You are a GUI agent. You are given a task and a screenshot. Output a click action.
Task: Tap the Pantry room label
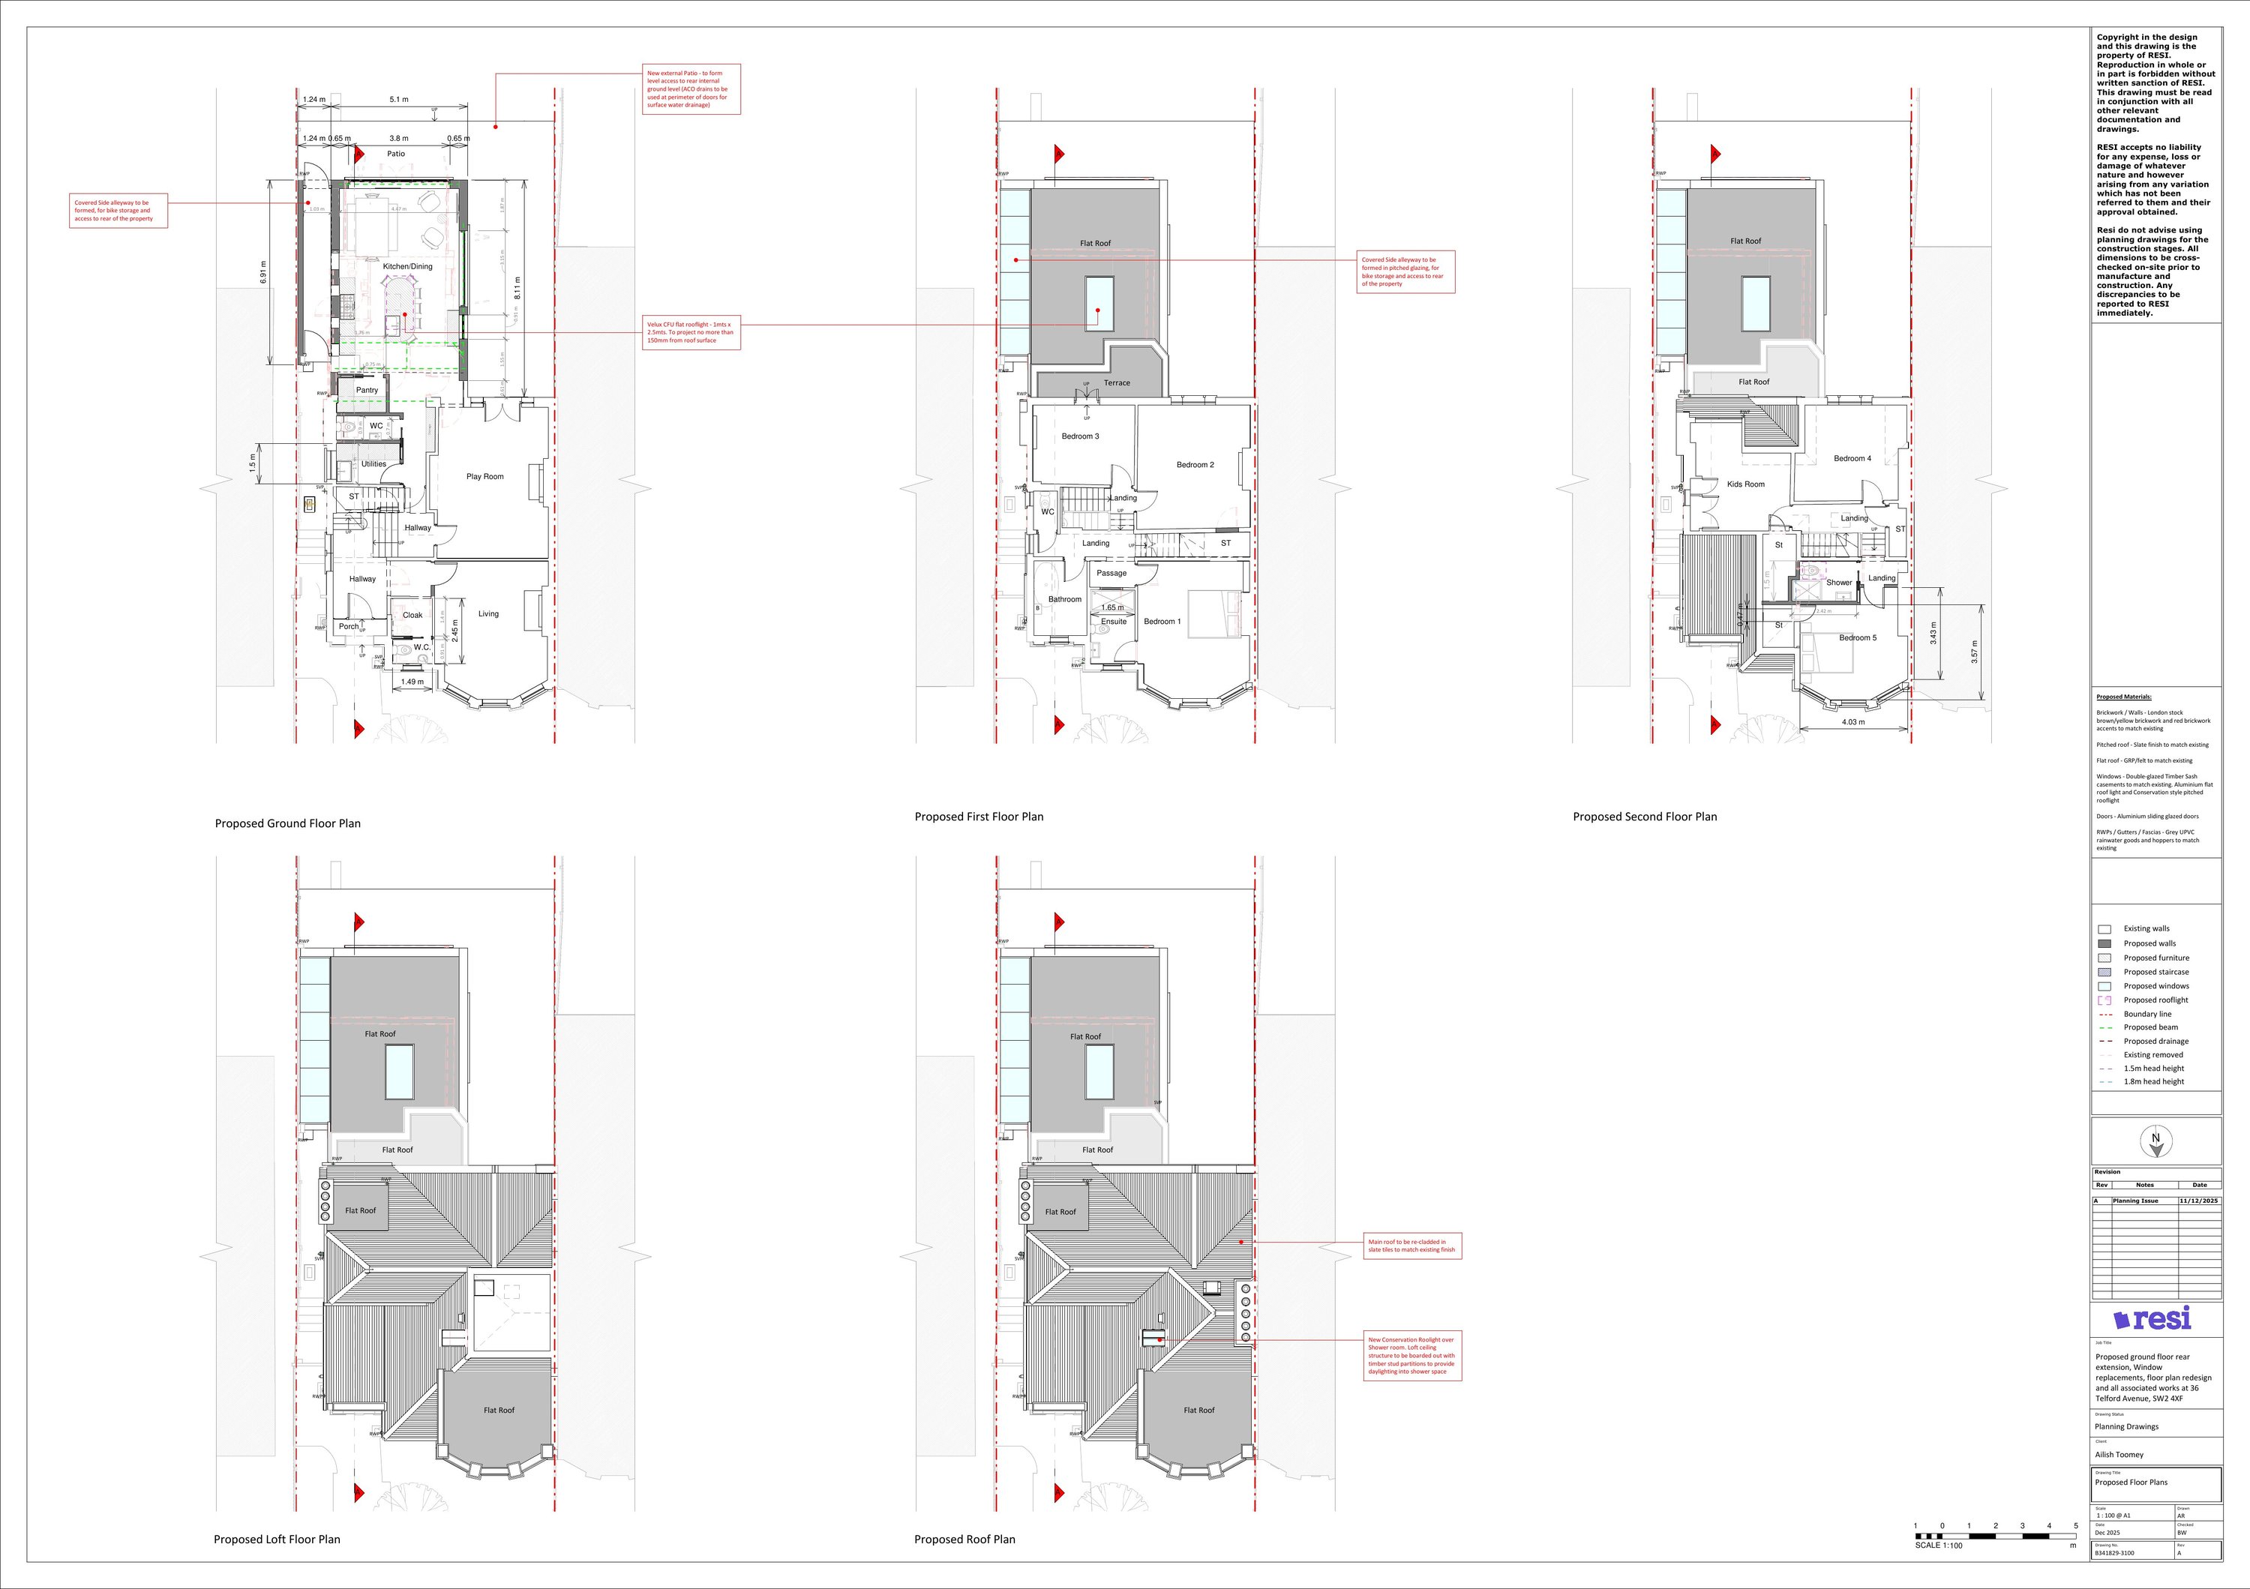[x=367, y=390]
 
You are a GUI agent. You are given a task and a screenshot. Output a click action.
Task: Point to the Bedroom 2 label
[x=1195, y=466]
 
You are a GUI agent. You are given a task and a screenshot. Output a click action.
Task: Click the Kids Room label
[x=1745, y=484]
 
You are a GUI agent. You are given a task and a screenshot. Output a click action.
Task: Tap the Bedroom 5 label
[x=1857, y=637]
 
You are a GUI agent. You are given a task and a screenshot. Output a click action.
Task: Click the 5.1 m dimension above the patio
[x=399, y=100]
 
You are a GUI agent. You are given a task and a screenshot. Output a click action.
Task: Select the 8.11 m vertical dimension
[x=518, y=288]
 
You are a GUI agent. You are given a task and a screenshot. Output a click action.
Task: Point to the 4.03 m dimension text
[x=1853, y=722]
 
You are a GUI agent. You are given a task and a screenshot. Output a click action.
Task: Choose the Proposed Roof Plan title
[x=964, y=1539]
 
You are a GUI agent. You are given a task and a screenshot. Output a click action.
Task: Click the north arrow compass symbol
[x=2155, y=1141]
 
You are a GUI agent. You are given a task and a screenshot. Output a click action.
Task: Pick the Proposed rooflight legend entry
[x=2155, y=1000]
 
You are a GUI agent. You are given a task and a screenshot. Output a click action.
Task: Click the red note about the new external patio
[x=691, y=89]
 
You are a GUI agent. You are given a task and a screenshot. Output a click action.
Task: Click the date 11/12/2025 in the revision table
[x=2199, y=1200]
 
